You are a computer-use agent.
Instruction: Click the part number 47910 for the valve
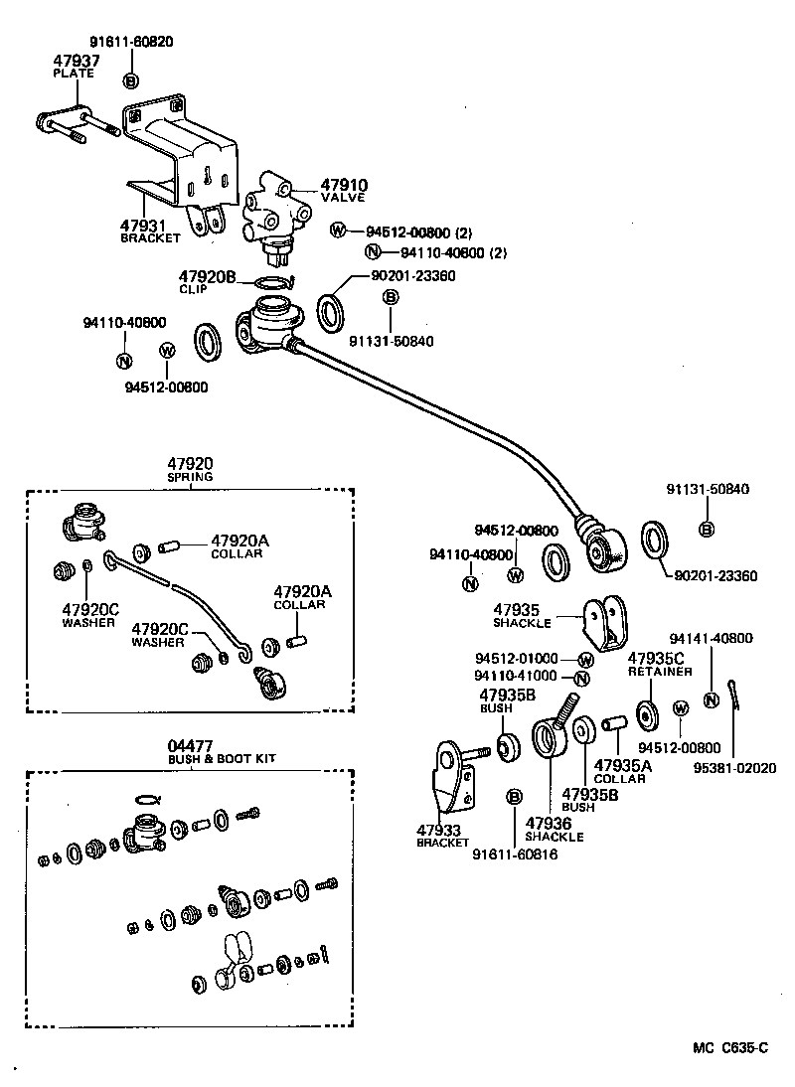pos(343,185)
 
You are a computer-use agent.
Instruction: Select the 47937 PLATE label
pos(76,66)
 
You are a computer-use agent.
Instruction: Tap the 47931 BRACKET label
pos(150,231)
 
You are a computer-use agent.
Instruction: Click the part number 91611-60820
pos(130,43)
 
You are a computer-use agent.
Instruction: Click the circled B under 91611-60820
pos(131,80)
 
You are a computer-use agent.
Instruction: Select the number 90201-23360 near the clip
pos(412,275)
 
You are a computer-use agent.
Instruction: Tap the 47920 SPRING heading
pos(189,468)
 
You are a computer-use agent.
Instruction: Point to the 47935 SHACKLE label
pos(522,616)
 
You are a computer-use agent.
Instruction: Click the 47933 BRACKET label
pos(442,835)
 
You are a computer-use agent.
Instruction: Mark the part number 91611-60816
pos(514,854)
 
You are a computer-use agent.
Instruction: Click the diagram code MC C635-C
pos(730,1047)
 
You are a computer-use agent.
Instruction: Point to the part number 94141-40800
pos(711,638)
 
